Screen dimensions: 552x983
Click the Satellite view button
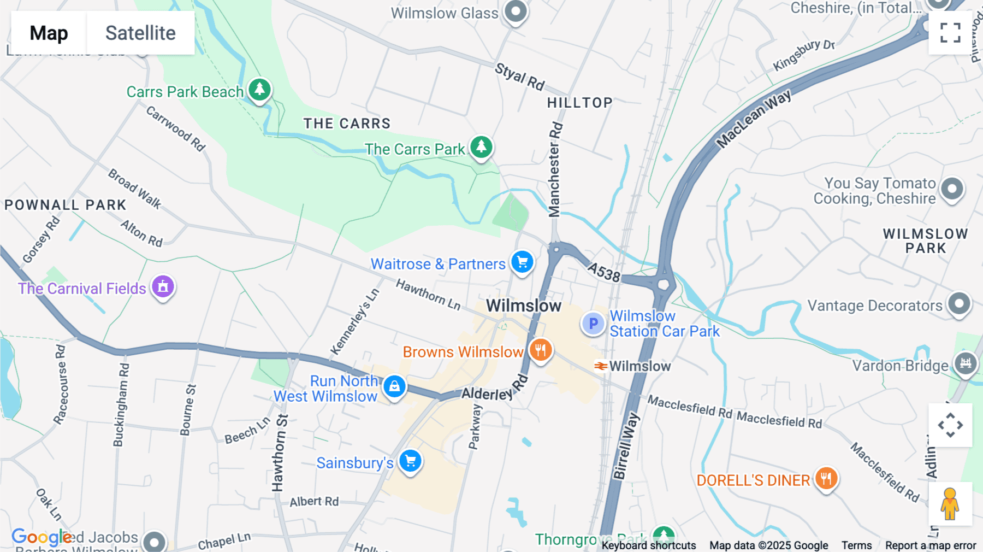coord(140,33)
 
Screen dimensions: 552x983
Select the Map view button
coord(49,33)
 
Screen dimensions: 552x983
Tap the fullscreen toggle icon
coord(950,33)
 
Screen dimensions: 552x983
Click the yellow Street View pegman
coord(950,503)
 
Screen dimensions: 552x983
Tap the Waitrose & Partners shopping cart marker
coord(522,262)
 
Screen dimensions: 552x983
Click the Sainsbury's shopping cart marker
coord(410,461)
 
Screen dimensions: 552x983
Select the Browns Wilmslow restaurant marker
coord(540,350)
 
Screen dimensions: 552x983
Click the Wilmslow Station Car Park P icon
coord(593,324)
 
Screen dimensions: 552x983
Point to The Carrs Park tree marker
coord(481,147)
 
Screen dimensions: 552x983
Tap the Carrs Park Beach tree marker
coord(260,89)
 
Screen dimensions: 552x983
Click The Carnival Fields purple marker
coord(163,286)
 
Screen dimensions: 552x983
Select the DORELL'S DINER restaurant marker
coord(826,478)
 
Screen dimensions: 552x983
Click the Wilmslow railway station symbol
coord(601,366)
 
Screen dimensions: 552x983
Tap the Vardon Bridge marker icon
coord(965,363)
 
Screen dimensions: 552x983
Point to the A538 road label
coord(604,271)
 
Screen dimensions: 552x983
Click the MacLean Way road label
coord(754,119)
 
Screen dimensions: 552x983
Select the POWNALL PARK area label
coord(66,205)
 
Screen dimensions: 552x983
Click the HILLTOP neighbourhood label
coord(579,103)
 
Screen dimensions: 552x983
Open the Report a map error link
coord(930,545)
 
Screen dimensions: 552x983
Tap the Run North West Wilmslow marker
coord(394,386)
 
